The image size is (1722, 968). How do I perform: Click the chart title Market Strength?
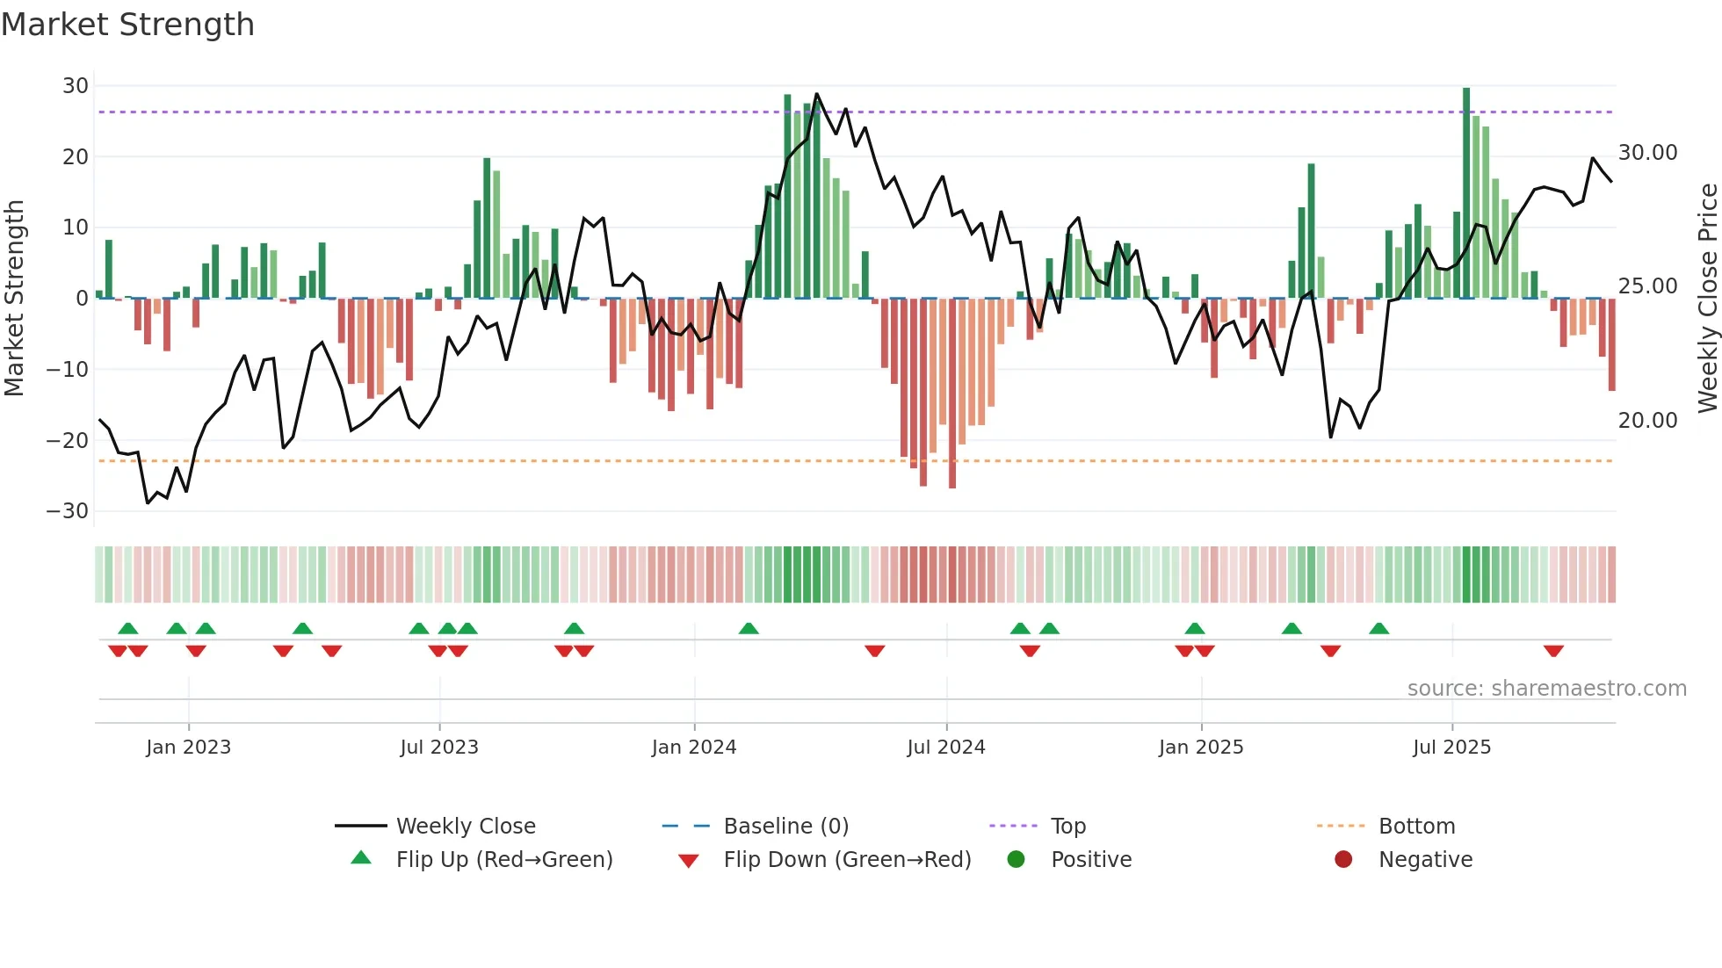click(127, 25)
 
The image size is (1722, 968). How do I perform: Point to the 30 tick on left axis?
click(76, 86)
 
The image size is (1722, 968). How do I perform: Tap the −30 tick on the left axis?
click(68, 511)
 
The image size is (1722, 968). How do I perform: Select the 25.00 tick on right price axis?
click(1647, 286)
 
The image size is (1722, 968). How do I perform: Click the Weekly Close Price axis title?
click(1707, 298)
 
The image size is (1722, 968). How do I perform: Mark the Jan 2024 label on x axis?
click(693, 748)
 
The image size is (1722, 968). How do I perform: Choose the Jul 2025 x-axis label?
click(1451, 748)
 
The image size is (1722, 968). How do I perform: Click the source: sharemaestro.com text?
click(1546, 689)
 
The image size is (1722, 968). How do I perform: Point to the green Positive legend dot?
click(1016, 859)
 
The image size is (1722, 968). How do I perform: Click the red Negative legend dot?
click(1343, 859)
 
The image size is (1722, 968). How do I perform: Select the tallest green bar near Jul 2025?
click(1466, 193)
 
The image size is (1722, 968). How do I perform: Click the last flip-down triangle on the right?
click(1553, 651)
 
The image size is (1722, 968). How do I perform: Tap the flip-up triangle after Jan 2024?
click(749, 629)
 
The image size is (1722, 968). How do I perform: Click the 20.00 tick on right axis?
click(1647, 421)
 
